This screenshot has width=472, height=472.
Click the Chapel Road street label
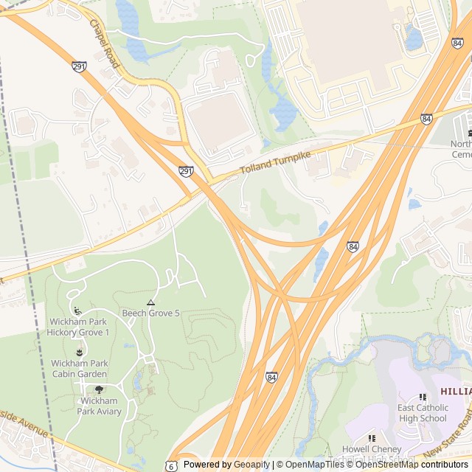(104, 44)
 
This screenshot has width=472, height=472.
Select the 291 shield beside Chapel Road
(80, 67)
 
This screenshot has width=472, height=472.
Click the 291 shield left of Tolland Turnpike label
(187, 171)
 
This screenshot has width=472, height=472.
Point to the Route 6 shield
(171, 465)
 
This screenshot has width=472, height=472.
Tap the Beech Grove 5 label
(151, 313)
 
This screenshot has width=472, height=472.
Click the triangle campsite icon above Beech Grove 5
(150, 302)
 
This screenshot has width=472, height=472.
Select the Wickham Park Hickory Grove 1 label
(79, 327)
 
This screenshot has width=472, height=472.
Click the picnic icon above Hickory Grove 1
(77, 310)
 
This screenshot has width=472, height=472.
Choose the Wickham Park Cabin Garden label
(80, 368)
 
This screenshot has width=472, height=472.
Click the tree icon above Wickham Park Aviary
(100, 390)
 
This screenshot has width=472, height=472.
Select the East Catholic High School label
(422, 413)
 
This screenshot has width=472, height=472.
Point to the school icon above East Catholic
(423, 398)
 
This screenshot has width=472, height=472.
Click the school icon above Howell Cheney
(371, 438)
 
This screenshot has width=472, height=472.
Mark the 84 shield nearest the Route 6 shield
(271, 377)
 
